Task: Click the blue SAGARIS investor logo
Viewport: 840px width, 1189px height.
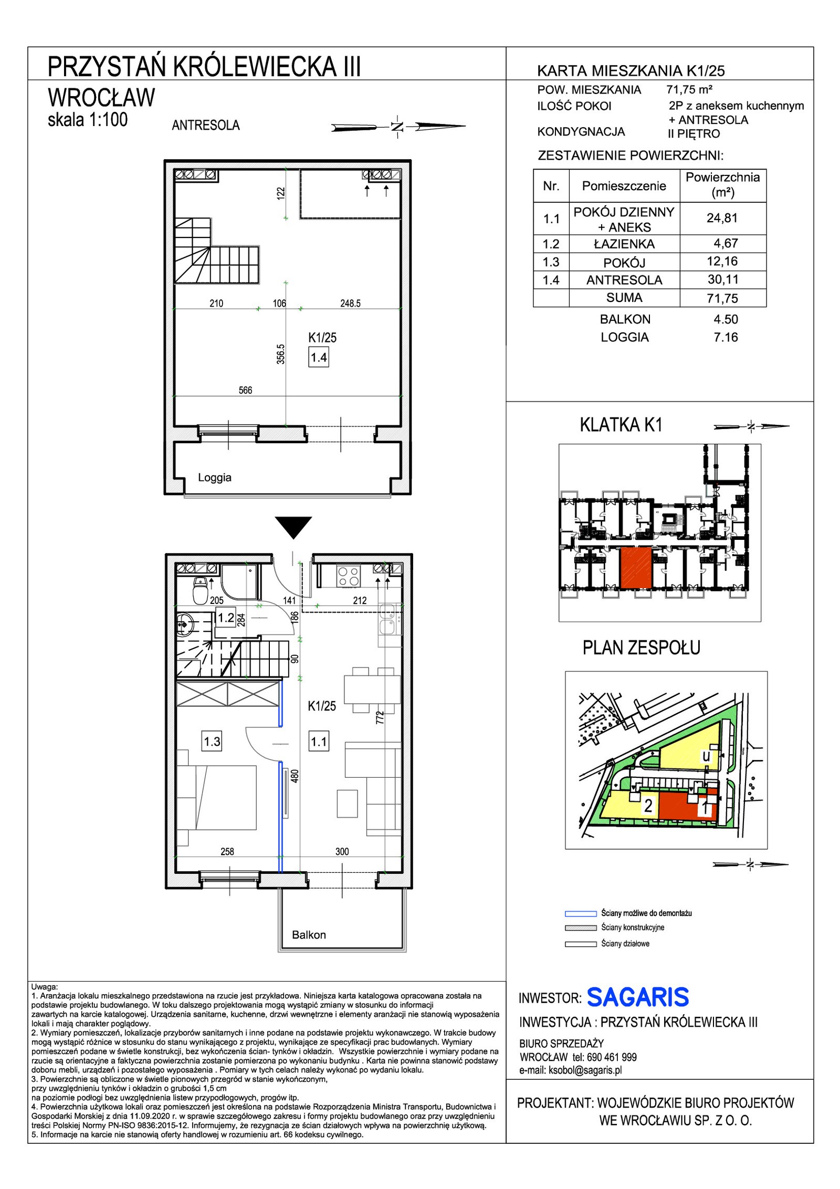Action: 637,997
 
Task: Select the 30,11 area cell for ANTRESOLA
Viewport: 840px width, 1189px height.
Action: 723,279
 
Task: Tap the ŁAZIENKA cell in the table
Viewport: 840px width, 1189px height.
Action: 624,244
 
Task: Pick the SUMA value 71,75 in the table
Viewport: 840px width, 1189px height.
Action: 723,298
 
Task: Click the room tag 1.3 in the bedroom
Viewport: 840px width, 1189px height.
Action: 212,742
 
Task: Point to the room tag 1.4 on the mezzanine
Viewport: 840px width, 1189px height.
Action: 319,358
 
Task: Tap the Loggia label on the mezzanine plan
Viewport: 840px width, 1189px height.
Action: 215,477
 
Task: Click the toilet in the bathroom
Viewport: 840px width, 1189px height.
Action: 200,590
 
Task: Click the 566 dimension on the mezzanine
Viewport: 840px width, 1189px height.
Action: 245,390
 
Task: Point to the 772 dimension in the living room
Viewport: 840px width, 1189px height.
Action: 380,717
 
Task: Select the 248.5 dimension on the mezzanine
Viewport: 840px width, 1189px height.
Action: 350,303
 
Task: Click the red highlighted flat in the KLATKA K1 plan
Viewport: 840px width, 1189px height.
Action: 636,568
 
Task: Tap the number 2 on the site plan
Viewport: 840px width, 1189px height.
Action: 648,806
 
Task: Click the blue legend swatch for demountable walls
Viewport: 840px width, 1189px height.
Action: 581,913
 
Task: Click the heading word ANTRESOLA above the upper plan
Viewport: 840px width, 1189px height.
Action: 206,126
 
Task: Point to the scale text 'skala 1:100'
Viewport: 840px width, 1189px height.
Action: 88,120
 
